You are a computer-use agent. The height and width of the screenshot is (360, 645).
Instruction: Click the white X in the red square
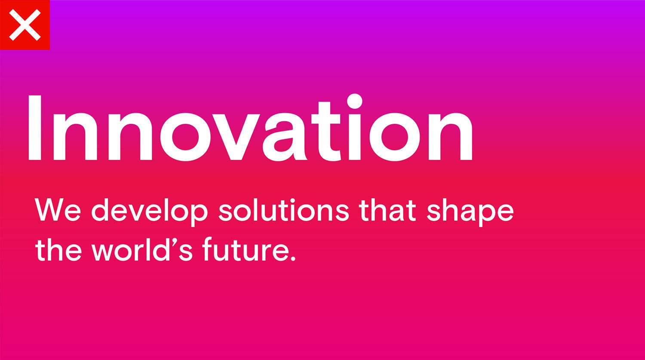[25, 25]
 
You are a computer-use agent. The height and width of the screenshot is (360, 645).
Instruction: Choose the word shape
[470, 212]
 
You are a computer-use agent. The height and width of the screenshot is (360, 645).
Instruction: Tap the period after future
[292, 257]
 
